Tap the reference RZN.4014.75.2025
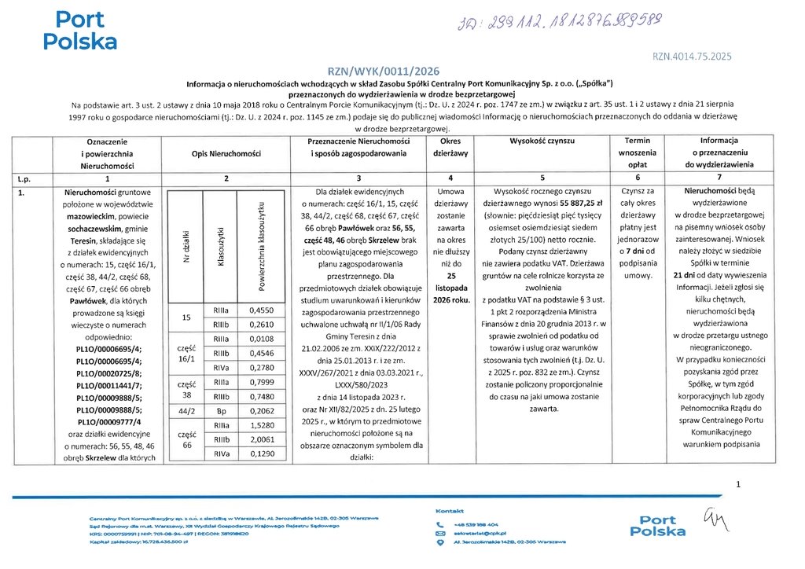click(692, 56)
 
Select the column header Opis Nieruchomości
click(226, 154)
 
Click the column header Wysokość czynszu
click(542, 141)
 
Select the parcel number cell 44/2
click(187, 411)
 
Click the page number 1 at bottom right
click(738, 485)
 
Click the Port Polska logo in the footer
click(663, 526)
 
